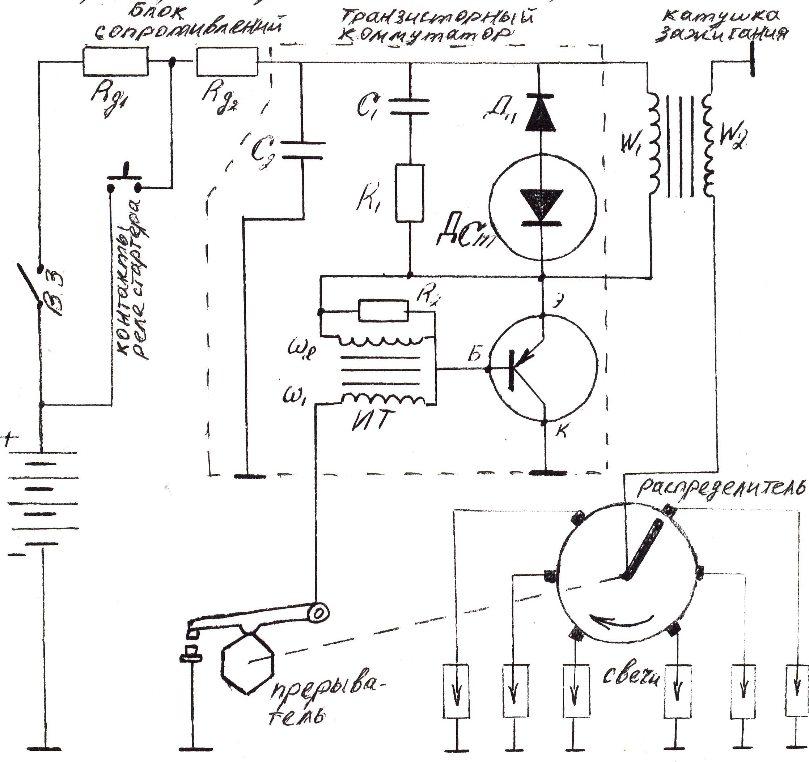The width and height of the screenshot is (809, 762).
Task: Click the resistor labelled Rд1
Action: pos(115,61)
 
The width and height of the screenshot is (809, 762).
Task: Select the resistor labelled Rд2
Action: pos(227,61)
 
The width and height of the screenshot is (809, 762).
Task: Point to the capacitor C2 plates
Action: pos(303,150)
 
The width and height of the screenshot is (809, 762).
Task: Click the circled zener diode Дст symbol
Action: pos(542,206)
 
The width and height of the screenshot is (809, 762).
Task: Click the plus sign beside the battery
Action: pos(11,440)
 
